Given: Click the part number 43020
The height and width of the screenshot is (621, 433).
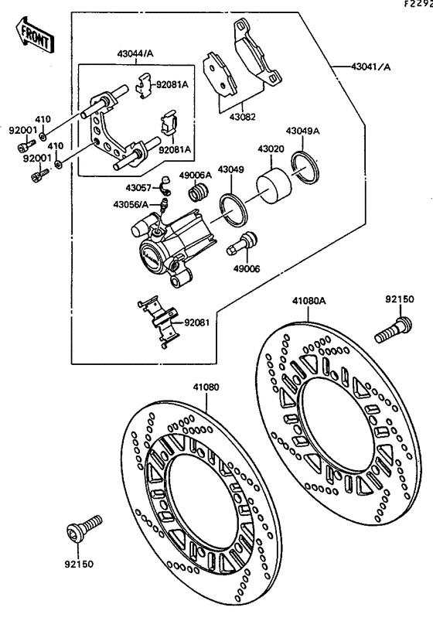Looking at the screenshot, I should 270,148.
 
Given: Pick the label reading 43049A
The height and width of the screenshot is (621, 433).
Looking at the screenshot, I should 303,131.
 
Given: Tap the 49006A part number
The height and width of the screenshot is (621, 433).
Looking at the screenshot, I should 196,175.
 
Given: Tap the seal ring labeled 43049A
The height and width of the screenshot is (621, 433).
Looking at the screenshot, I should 306,165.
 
